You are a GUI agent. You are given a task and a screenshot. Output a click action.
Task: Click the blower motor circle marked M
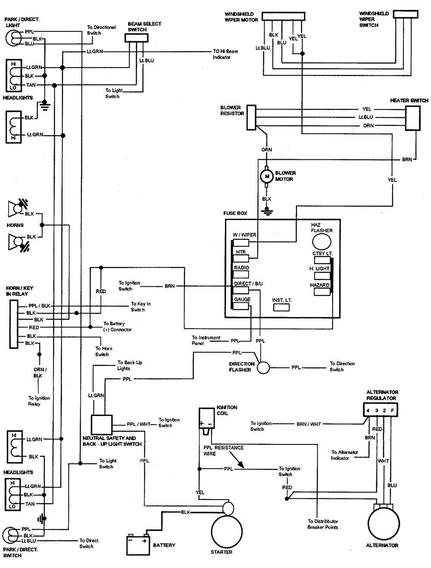[x=266, y=176]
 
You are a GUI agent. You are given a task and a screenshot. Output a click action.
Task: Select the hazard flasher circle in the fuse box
[x=322, y=242]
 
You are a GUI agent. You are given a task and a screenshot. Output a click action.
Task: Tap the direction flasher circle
[x=263, y=367]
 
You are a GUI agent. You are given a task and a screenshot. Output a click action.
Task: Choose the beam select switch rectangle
[x=137, y=38]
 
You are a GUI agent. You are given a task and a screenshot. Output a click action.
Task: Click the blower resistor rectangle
[x=251, y=117]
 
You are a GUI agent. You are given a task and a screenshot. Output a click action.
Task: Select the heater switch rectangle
[x=412, y=118]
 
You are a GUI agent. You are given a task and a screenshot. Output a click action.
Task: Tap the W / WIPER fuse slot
[x=241, y=242]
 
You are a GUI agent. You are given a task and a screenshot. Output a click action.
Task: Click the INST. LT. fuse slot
[x=281, y=307]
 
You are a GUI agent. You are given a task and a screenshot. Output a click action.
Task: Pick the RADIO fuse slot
[x=241, y=275]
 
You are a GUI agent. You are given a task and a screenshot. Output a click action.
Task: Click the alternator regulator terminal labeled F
[x=392, y=410]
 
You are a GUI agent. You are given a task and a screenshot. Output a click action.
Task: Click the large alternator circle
[x=384, y=524]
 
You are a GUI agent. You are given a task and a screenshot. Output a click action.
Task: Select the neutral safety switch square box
[x=102, y=424]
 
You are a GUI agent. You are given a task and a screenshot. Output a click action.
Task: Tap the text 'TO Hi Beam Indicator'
[x=225, y=54]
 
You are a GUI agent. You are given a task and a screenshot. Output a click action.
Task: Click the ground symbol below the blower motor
[x=267, y=211]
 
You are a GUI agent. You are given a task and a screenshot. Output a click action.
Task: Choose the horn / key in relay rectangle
[x=14, y=324]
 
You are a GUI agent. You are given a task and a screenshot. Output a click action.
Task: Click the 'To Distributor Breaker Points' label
[x=323, y=524]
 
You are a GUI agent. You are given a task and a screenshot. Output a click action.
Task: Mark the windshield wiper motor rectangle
[x=283, y=16]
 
